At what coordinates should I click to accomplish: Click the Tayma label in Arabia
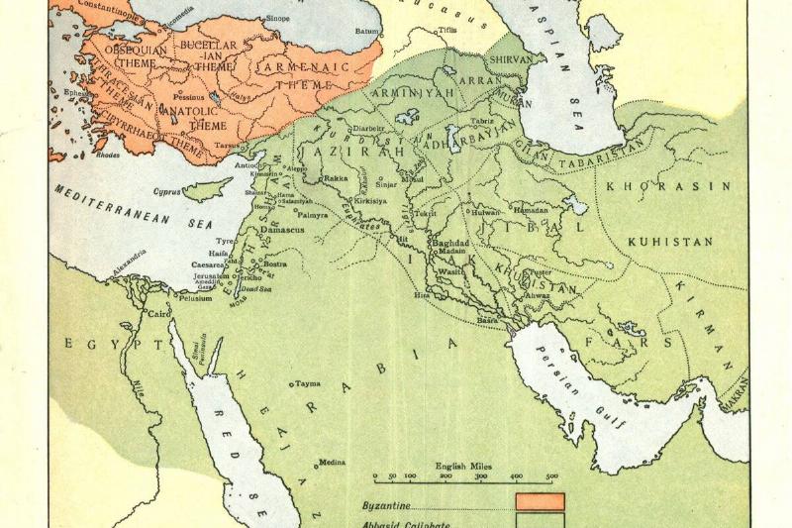[x=307, y=382]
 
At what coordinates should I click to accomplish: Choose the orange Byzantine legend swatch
[x=540, y=501]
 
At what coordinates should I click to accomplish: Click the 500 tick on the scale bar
[x=552, y=475]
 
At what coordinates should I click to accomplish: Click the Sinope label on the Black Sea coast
[x=278, y=19]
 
